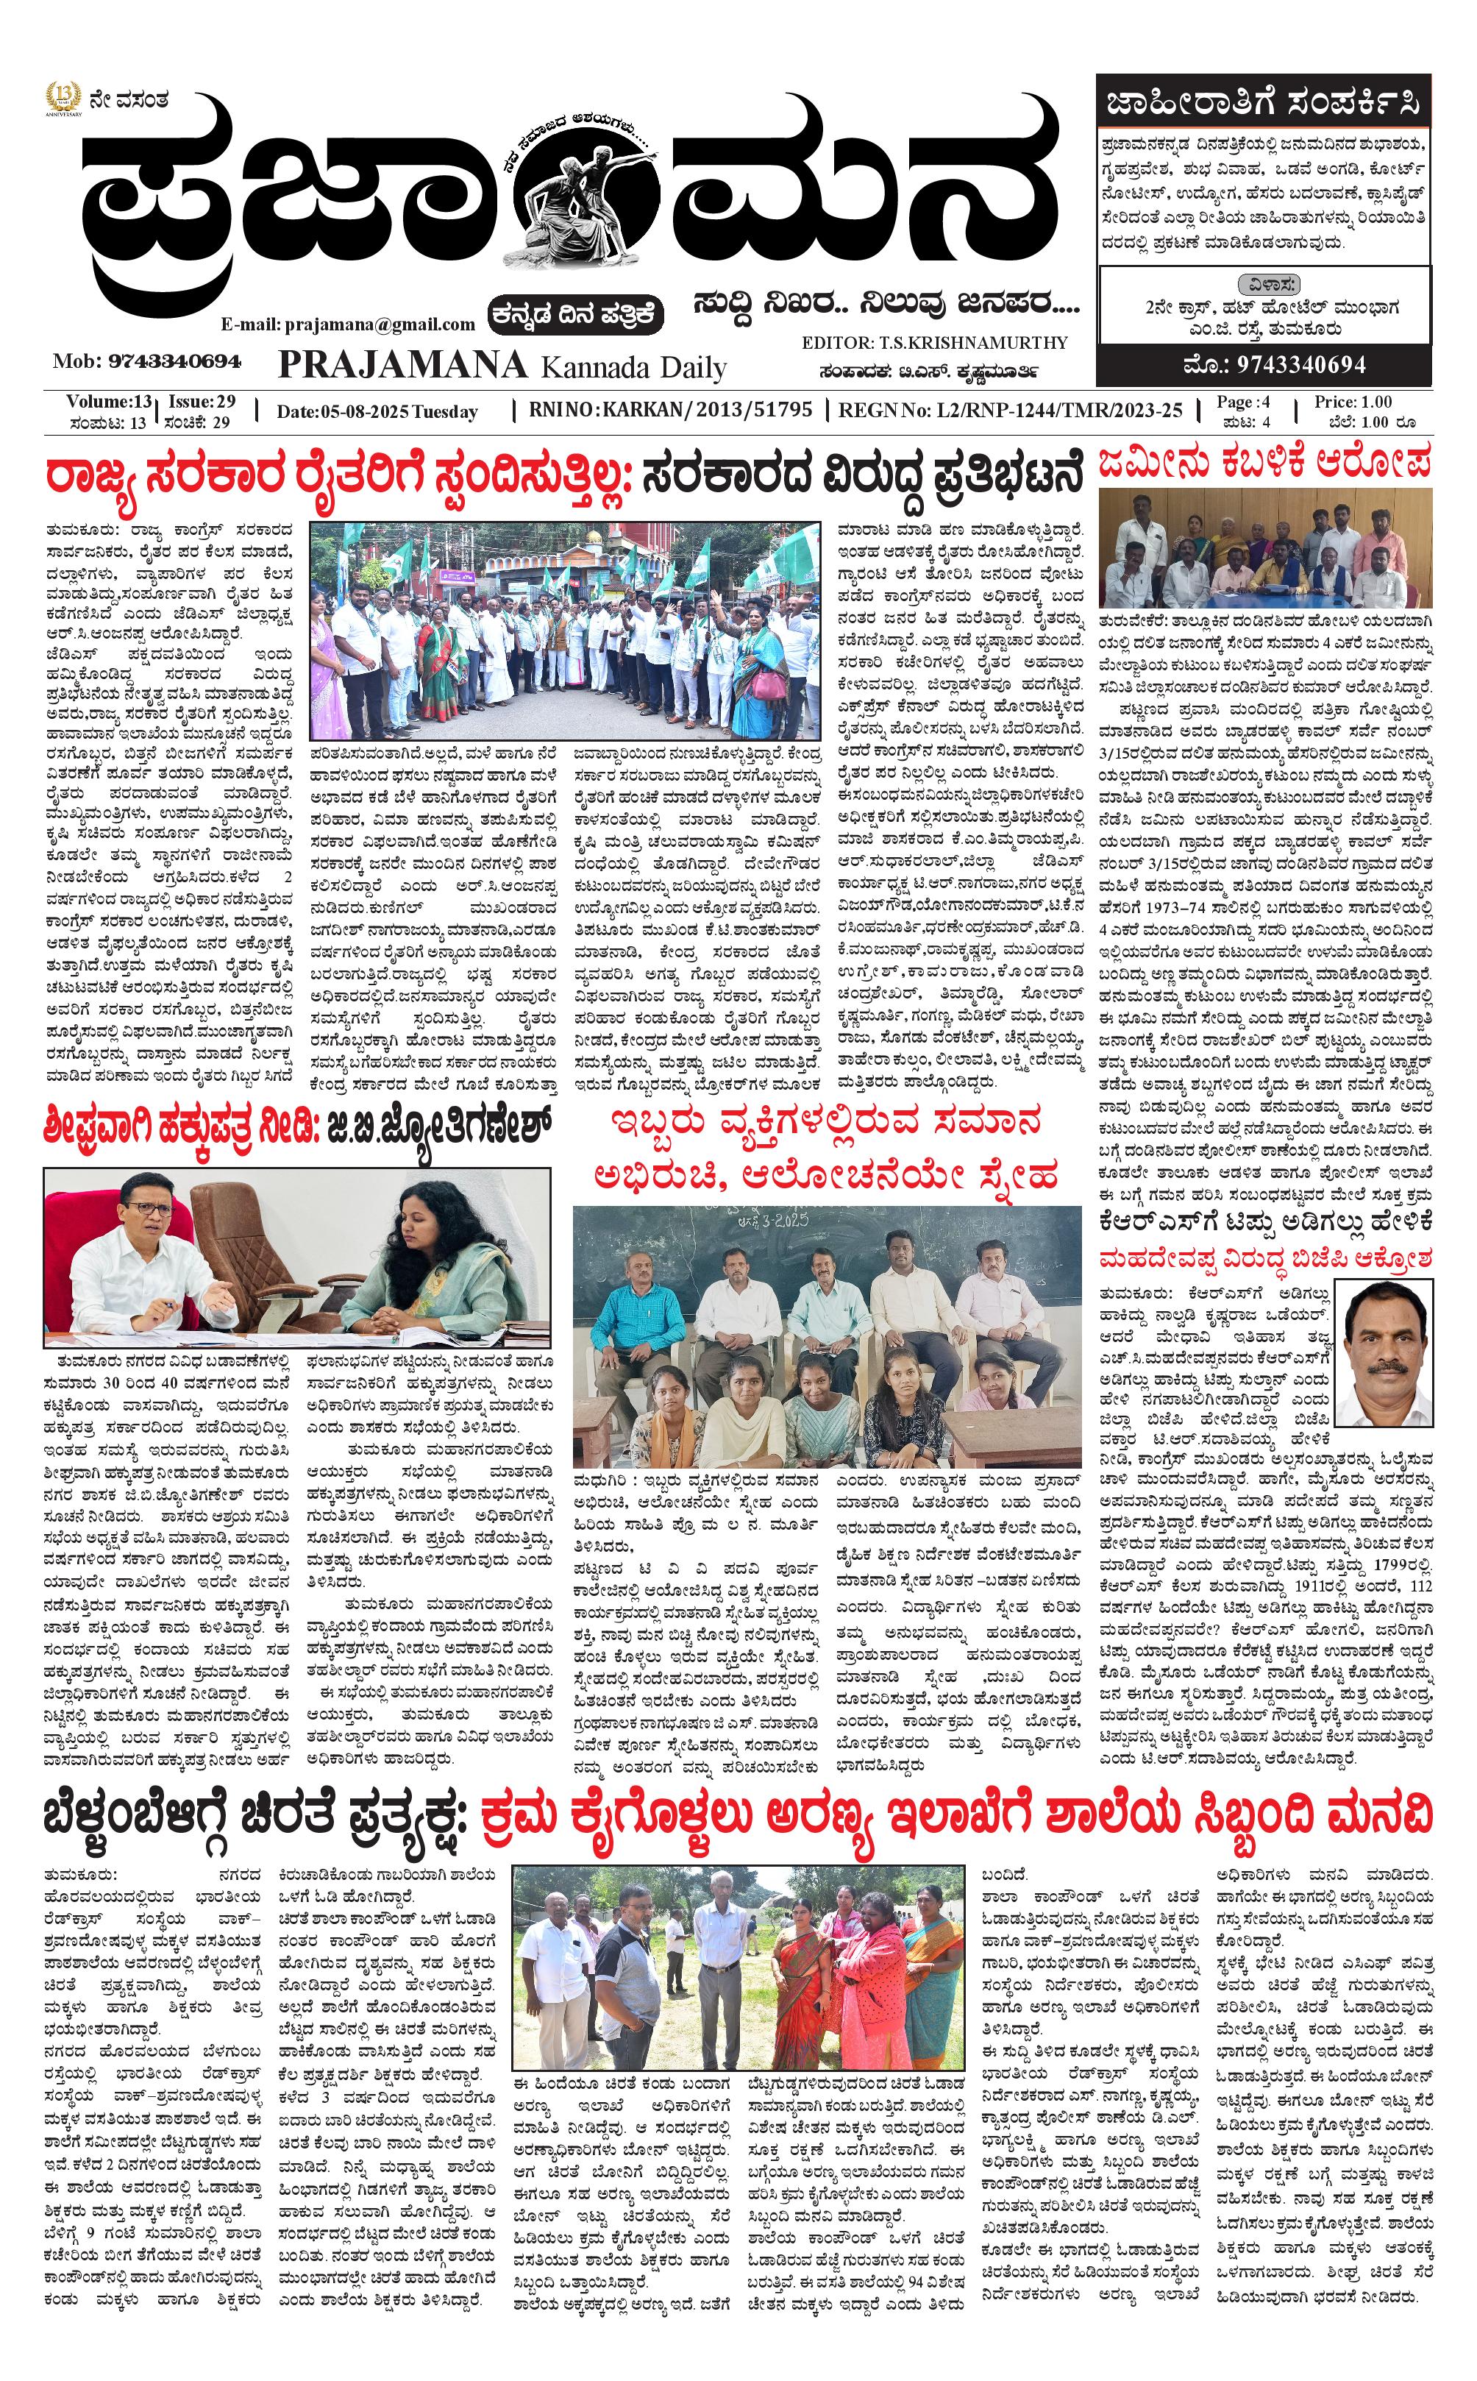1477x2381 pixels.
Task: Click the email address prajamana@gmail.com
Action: coord(348,324)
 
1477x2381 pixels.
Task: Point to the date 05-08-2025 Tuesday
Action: coord(377,411)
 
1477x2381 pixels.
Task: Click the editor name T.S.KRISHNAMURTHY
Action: coord(935,343)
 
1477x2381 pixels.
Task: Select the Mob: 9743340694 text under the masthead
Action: coord(148,361)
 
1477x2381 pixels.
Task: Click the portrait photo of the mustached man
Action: coord(1381,1353)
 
